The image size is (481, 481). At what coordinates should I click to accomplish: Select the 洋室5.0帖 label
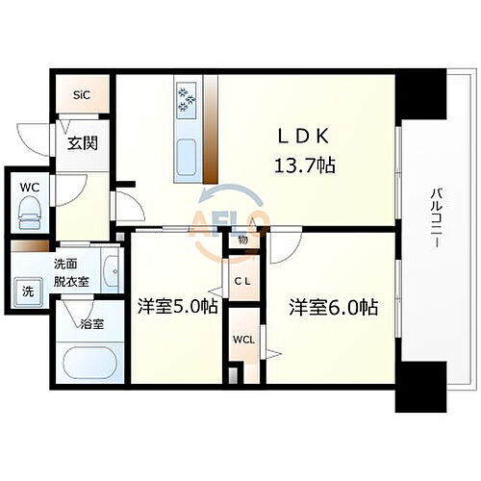[x=177, y=308]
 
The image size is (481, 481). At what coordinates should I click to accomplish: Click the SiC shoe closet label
[x=83, y=95]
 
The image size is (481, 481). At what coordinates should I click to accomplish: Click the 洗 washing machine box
[x=27, y=291]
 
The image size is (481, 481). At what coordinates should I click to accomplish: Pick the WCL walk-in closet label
[x=241, y=339]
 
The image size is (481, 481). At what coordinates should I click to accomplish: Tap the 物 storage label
[x=242, y=240]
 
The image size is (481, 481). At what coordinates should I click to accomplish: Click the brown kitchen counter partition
[x=211, y=135]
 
